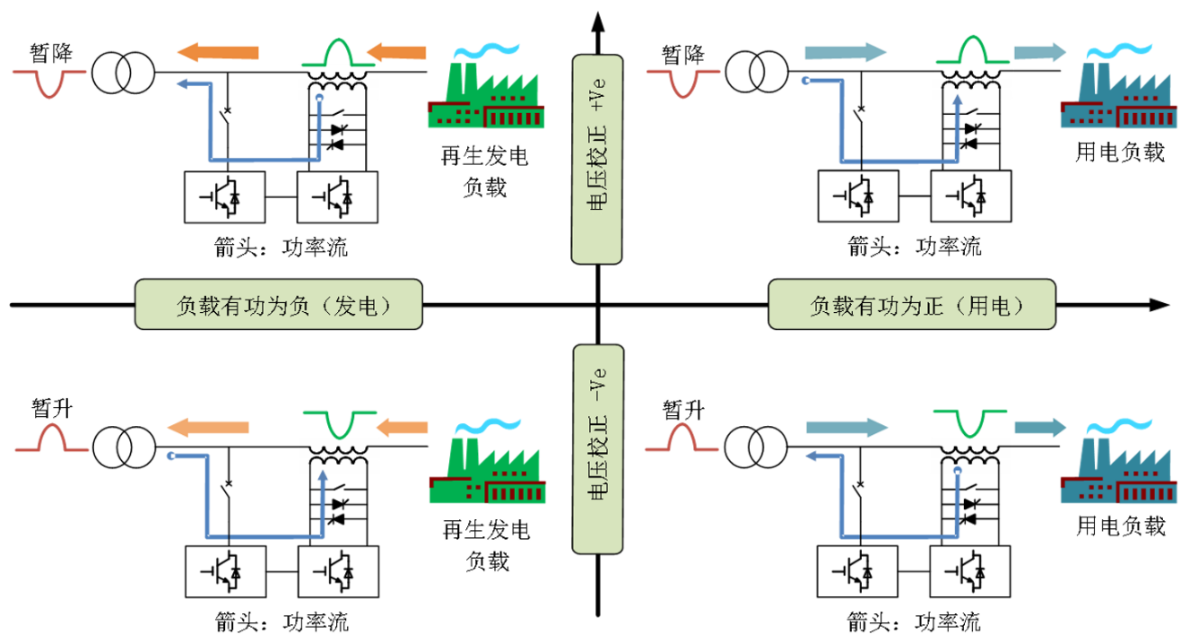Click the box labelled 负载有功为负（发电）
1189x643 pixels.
click(x=279, y=305)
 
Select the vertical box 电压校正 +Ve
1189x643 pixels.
click(x=596, y=159)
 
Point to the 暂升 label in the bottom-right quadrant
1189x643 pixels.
click(x=683, y=410)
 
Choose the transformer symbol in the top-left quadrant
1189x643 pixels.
click(x=123, y=72)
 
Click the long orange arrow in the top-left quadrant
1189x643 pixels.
click(x=217, y=53)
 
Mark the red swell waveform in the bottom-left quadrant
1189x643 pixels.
click(x=50, y=439)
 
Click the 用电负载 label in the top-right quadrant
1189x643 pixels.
click(x=1120, y=152)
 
